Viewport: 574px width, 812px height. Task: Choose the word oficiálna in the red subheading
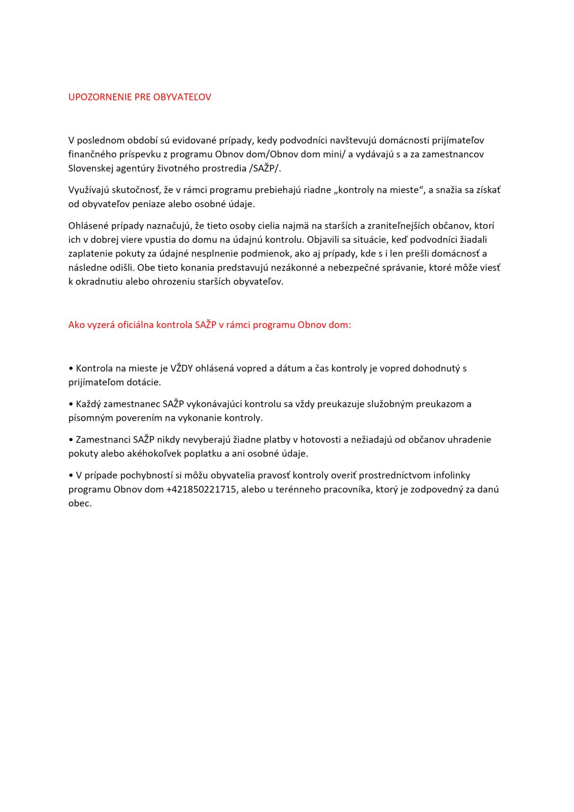point(135,325)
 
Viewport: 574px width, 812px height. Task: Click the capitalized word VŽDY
point(181,368)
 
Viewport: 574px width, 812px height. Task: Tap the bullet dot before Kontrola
point(71,369)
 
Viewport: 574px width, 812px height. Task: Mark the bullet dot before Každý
point(71,404)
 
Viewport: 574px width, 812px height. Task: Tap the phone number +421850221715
point(201,489)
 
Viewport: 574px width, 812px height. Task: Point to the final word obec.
point(80,503)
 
